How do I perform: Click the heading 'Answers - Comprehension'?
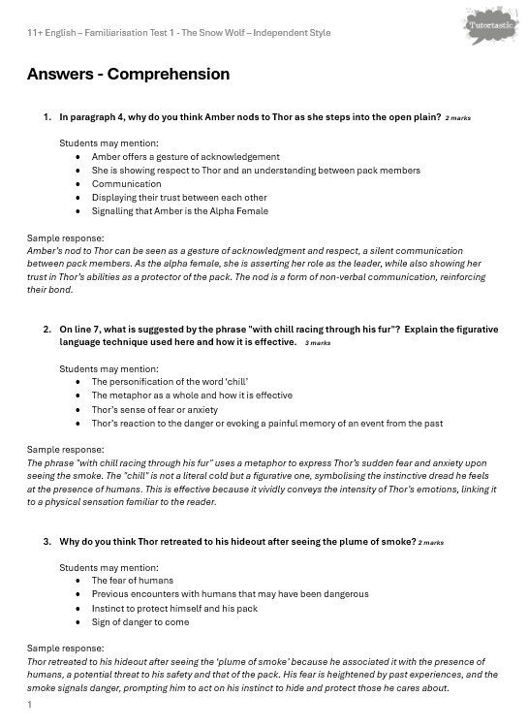point(128,74)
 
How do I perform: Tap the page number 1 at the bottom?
point(30,705)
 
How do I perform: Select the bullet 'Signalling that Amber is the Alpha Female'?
point(179,210)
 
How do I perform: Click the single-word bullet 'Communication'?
point(127,183)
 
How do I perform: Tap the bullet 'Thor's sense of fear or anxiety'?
point(155,409)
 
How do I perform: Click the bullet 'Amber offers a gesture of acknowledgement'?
point(185,156)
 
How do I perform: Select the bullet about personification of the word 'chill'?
point(179,382)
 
